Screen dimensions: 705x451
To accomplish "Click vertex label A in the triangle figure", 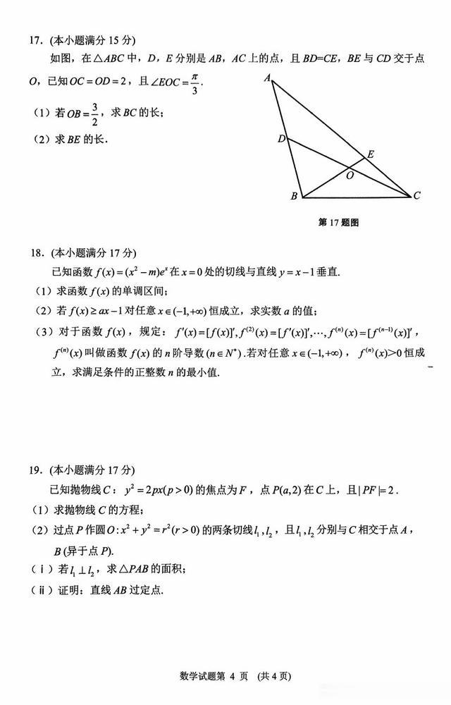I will click(268, 78).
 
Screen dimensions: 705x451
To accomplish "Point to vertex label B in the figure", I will click(294, 197).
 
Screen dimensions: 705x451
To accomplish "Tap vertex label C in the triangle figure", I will click(416, 196).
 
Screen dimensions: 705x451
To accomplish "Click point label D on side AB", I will click(280, 139).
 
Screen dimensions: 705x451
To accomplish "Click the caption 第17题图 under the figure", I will click(339, 222).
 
